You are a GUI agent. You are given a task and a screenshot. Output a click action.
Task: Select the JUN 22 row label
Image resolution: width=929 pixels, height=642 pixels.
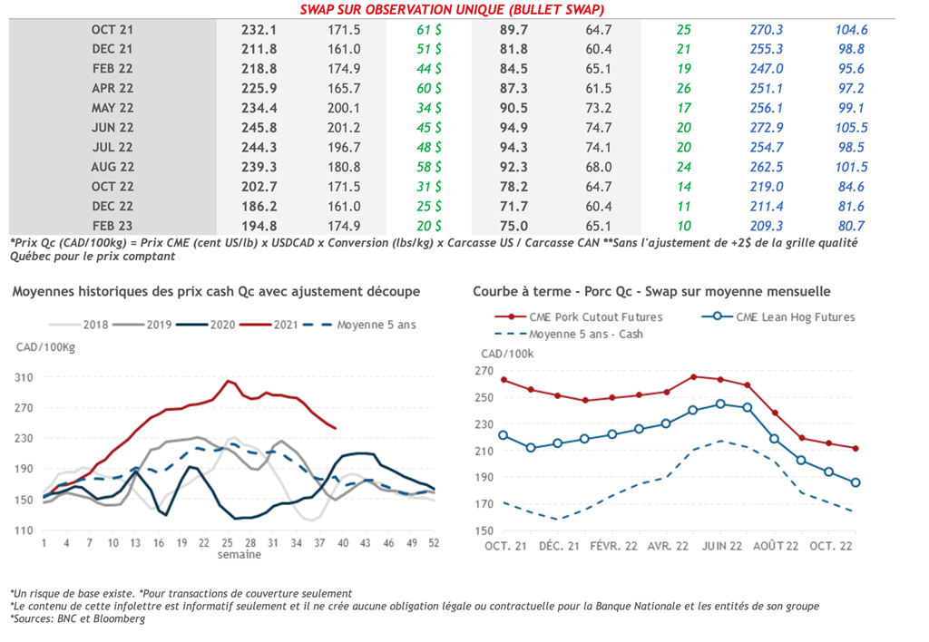[112, 128]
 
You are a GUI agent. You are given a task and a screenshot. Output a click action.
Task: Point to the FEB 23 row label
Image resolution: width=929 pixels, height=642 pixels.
[112, 226]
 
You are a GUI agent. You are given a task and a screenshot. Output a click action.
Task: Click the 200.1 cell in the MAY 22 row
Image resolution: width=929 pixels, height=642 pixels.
[344, 108]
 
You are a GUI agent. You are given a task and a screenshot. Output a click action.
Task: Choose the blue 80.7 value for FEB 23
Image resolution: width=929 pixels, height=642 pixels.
[851, 226]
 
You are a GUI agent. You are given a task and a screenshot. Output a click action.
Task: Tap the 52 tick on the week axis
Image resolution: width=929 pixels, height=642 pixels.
[434, 542]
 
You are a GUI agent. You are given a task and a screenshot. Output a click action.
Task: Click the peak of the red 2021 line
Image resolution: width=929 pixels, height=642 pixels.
[230, 381]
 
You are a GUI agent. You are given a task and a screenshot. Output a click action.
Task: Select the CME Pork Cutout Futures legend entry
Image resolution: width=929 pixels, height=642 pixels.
[594, 317]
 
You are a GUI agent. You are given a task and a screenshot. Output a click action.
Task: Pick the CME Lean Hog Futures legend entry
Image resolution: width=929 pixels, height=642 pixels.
[794, 317]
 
